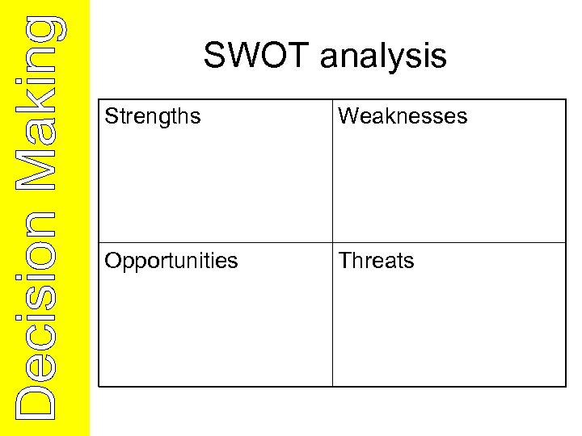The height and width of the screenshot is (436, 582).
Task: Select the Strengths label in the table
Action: pyautogui.click(x=153, y=116)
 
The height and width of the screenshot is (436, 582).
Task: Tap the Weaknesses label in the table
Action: pyautogui.click(x=403, y=116)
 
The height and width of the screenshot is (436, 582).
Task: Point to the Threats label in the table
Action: pyautogui.click(x=376, y=261)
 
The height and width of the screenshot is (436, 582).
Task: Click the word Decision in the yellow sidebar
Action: pyautogui.click(x=37, y=315)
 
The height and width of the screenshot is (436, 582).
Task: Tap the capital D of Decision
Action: pyautogui.click(x=37, y=400)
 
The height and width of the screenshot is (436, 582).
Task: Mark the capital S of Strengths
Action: pyautogui.click(x=111, y=116)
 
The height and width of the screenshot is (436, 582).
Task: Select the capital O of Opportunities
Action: pyautogui.click(x=113, y=261)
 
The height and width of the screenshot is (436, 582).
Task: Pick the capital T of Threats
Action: pyautogui.click(x=344, y=261)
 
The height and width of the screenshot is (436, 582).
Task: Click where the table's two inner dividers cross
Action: pyautogui.click(x=332, y=243)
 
